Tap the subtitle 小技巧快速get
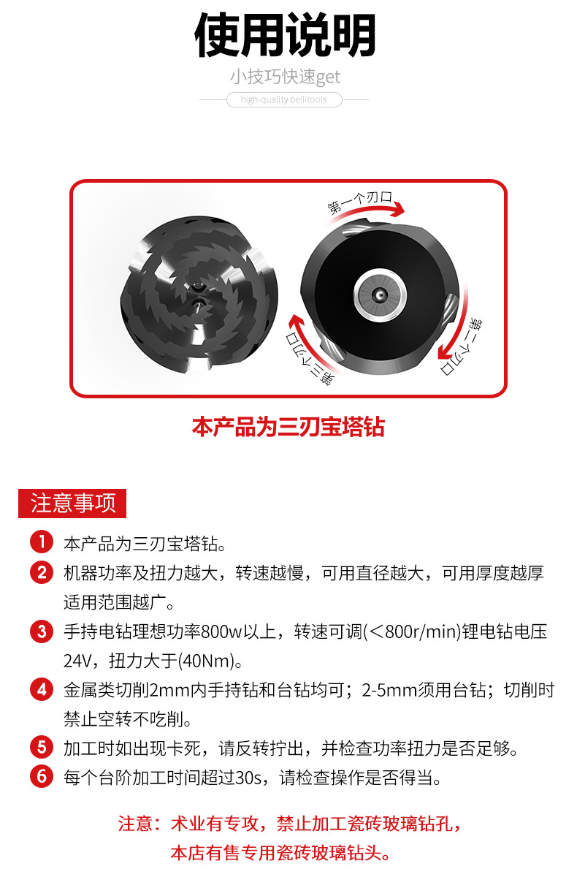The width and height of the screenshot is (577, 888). click(286, 77)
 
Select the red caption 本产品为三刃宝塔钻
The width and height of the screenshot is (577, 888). click(288, 427)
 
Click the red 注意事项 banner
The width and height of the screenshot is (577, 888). click(72, 504)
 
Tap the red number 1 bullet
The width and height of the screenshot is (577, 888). click(42, 543)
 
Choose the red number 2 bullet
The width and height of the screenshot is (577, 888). click(42, 572)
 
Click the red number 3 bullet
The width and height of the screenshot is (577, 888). click(42, 631)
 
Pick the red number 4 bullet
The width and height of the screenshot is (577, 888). click(42, 689)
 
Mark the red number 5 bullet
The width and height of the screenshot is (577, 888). click(42, 748)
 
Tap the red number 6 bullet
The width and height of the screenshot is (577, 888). click(42, 777)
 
